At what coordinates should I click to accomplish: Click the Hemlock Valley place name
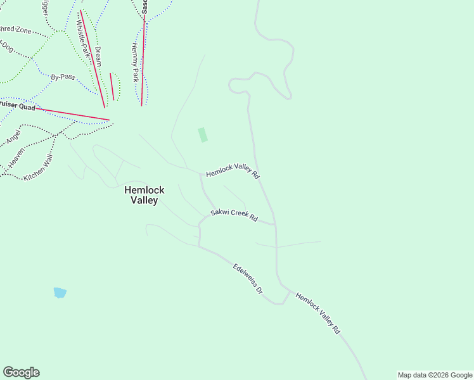[144, 195]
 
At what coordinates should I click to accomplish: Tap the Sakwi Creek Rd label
[234, 215]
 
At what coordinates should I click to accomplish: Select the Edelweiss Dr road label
[247, 279]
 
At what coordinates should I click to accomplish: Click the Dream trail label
[98, 56]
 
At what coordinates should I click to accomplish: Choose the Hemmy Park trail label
[134, 62]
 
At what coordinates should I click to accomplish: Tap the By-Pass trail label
[63, 77]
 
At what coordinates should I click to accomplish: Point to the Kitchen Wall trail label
[37, 168]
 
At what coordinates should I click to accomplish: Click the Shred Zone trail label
[13, 30]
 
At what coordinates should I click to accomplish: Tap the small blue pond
[60, 293]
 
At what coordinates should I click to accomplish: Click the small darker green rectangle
[202, 135]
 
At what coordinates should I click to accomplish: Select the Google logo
[21, 372]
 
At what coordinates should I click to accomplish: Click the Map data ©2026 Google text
[435, 375]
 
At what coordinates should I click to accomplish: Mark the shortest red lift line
[112, 86]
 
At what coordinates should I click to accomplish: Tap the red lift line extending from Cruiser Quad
[72, 114]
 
